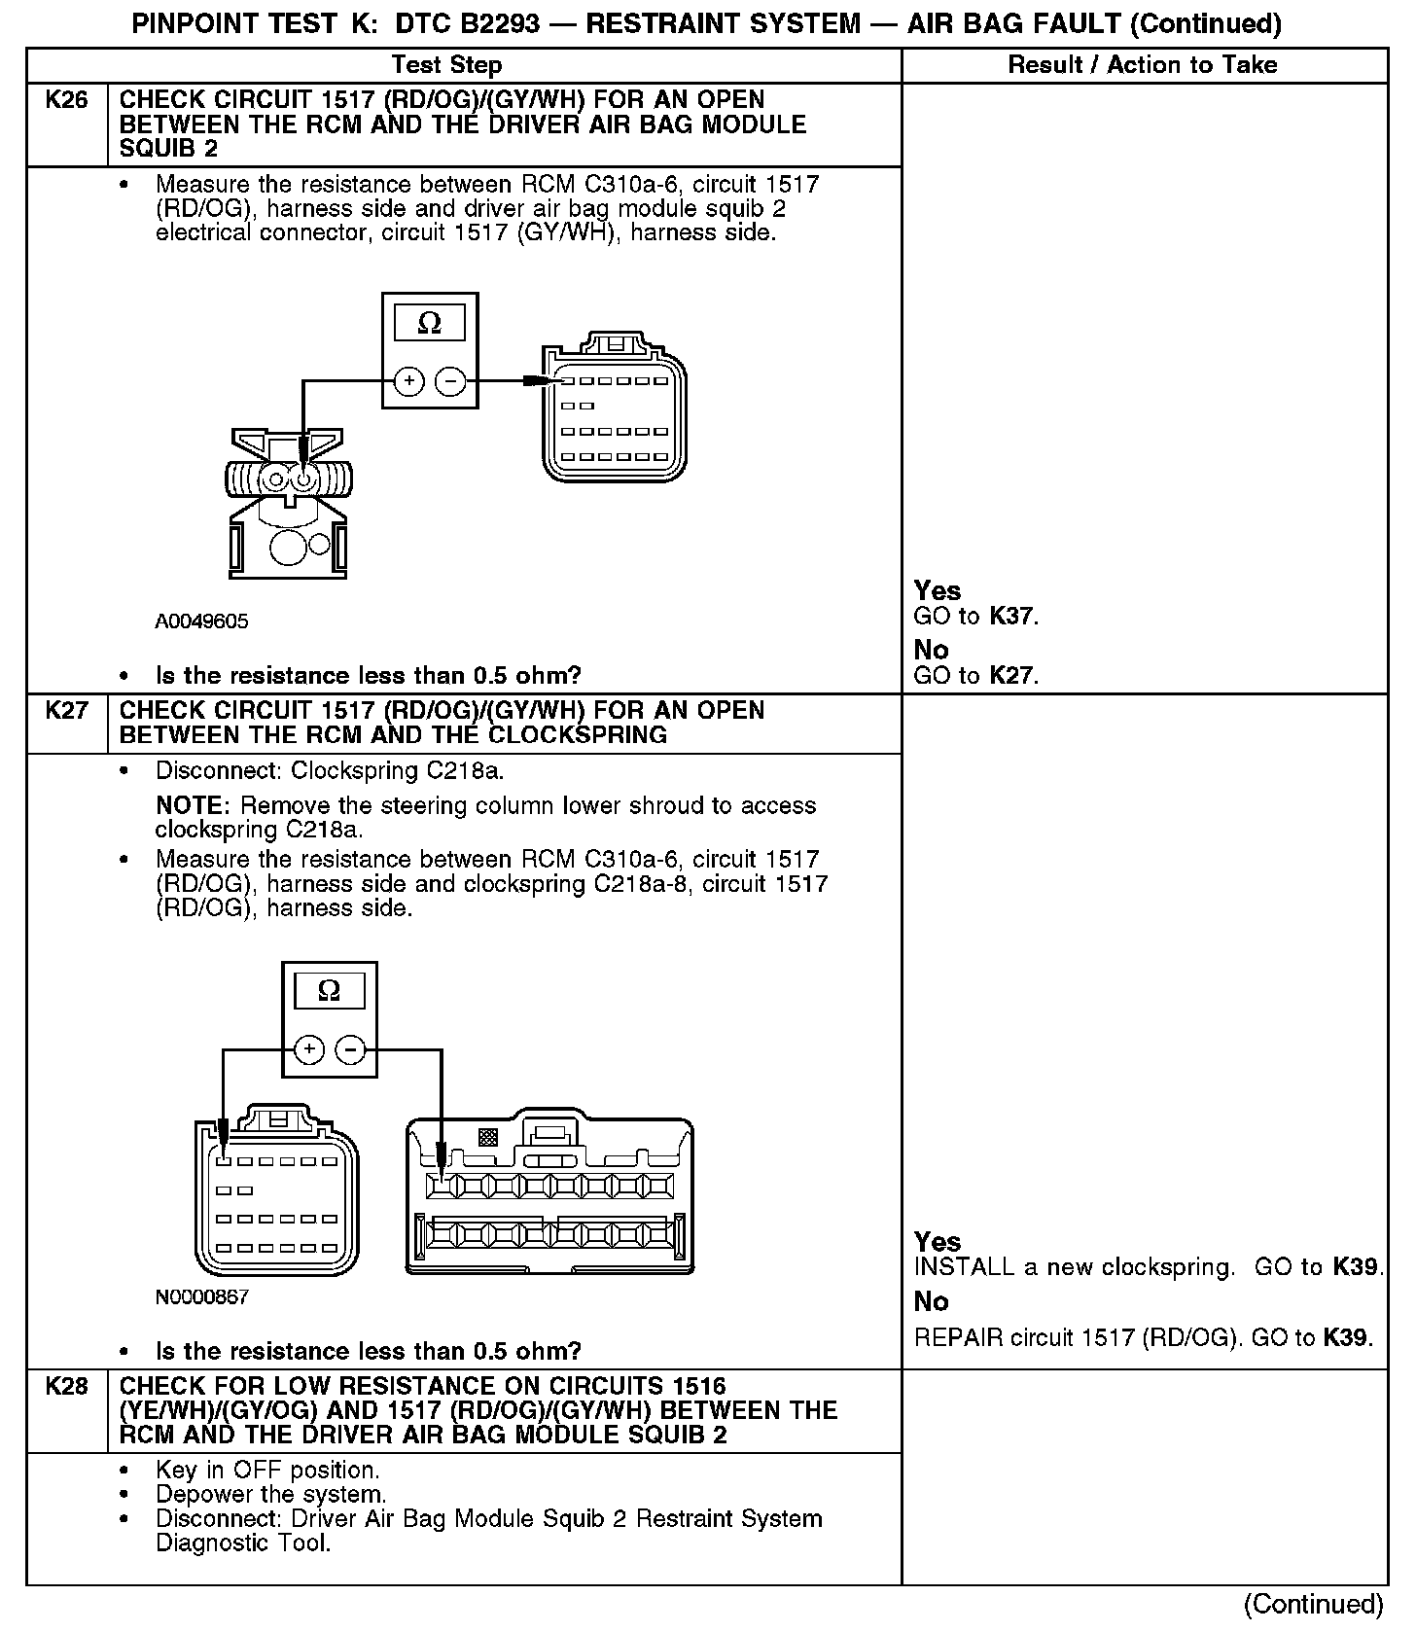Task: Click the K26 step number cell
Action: pos(66,101)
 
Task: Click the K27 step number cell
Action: pos(66,711)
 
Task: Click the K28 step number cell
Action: pos(66,1387)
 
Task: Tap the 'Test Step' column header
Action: pos(446,65)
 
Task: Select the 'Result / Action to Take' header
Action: pos(1143,65)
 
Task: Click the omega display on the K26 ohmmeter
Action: pos(429,323)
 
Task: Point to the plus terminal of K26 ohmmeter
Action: pos(409,381)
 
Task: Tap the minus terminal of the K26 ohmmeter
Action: pos(449,381)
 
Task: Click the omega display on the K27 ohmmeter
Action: pos(330,991)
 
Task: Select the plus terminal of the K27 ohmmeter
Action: pos(309,1049)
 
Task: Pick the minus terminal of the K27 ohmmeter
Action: pos(350,1049)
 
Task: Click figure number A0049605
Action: pos(201,621)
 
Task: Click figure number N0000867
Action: pos(201,1296)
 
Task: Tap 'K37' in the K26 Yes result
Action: pos(1012,617)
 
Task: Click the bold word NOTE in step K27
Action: pos(194,806)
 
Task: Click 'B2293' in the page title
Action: pos(495,23)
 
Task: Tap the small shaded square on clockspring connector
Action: pos(487,1136)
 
